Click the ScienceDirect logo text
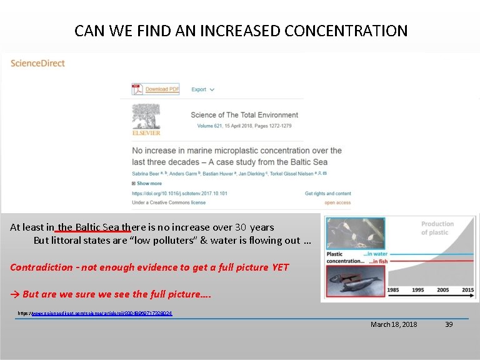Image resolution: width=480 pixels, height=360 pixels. pos(37,63)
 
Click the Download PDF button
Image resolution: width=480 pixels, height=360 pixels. pos(156,89)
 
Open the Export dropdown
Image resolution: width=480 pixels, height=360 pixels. pos(202,89)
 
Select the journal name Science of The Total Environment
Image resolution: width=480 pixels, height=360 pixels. pos(244,115)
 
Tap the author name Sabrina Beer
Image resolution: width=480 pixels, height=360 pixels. pos(148,172)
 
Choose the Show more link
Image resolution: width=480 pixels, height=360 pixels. pos(149,183)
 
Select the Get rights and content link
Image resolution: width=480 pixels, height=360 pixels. pos(327,194)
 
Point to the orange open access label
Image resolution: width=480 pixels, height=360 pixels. pos(337,202)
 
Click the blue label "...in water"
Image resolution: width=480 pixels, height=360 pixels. pos(375,254)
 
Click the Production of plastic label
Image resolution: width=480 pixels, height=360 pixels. pos(437,228)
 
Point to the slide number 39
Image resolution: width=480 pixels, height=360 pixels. pos(447,324)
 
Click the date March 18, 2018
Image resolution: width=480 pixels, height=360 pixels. pos(394,324)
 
